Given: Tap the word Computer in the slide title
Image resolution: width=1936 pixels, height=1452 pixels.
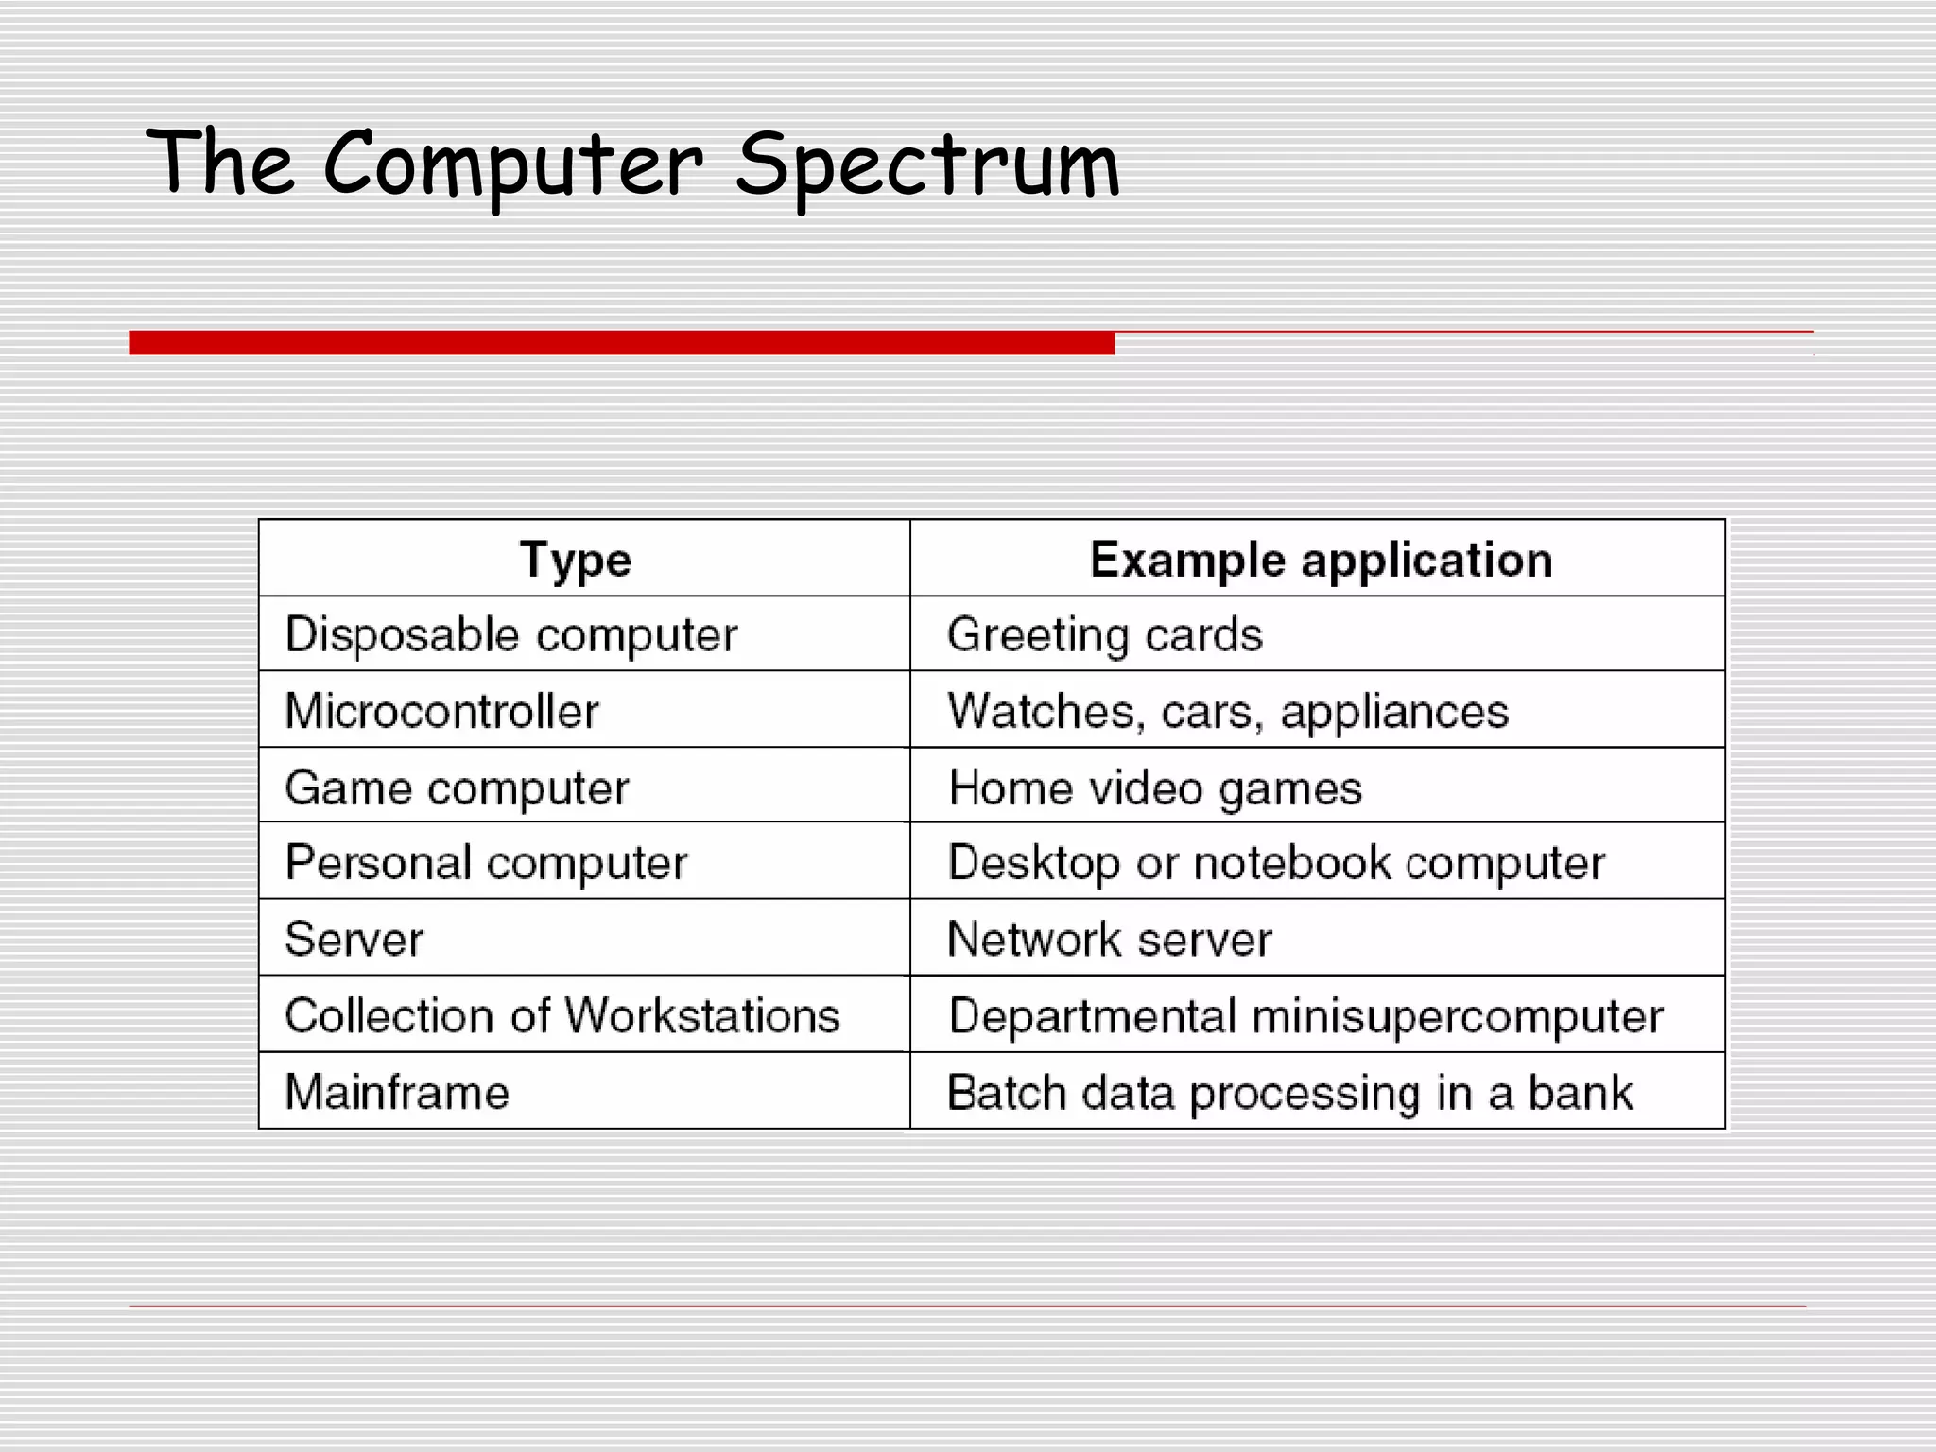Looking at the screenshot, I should (513, 166).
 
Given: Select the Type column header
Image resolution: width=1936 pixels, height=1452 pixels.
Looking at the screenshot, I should (576, 560).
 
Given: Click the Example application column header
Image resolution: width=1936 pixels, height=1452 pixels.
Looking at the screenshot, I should (1321, 560).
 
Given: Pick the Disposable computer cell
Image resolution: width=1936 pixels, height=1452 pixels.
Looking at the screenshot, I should (511, 634).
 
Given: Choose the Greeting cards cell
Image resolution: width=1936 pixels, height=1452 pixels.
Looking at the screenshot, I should (1104, 634).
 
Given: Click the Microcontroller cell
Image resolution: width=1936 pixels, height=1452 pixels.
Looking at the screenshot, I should (442, 711).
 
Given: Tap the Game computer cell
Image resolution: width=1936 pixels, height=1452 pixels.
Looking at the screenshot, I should (457, 787).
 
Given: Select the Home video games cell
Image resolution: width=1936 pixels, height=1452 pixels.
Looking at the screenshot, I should (1155, 787).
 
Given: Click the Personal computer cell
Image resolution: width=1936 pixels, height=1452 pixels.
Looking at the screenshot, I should (486, 862).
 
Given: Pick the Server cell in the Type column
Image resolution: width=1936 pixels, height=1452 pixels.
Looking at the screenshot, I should (354, 939).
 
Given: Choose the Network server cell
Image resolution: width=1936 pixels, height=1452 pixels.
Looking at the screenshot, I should (1110, 939).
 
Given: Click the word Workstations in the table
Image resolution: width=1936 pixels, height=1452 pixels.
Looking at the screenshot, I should (702, 1015).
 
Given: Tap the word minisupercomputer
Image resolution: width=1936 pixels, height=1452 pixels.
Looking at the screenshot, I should (1457, 1016).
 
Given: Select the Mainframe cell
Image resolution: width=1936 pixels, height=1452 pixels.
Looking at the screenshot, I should (397, 1092).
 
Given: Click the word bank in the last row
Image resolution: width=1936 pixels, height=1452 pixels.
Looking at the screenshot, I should (1581, 1092).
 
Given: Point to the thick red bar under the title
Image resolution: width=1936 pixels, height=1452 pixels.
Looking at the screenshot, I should (621, 342).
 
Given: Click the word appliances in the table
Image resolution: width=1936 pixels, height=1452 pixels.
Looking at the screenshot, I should (1394, 712).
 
